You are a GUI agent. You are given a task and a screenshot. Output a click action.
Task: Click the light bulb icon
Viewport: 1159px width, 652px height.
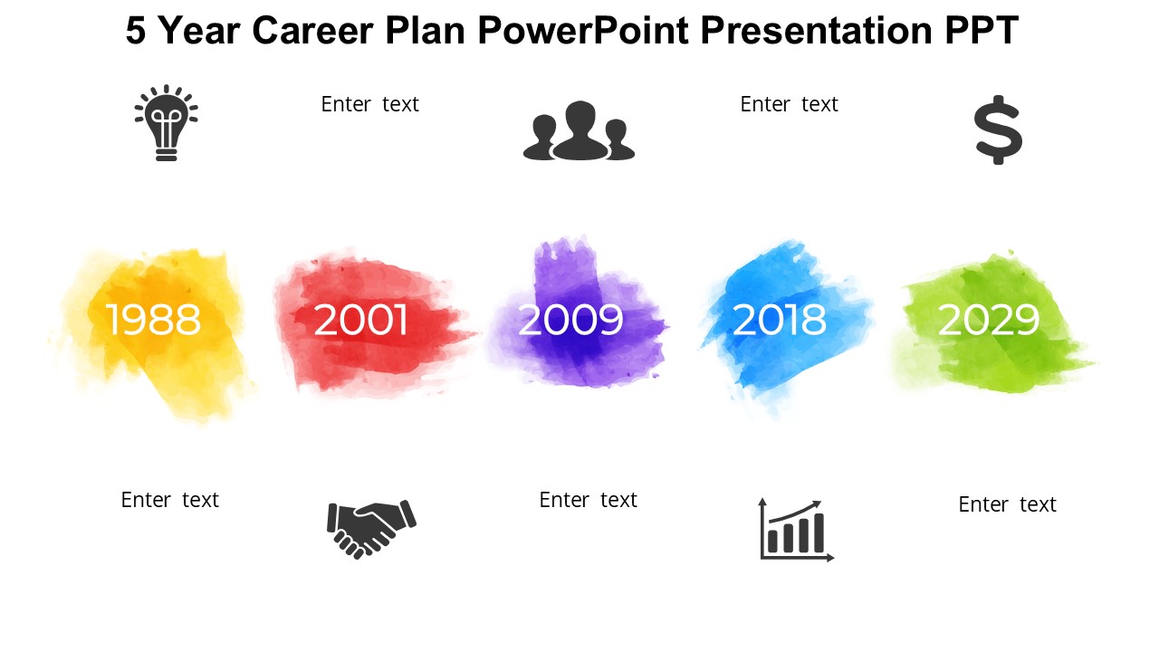click(166, 122)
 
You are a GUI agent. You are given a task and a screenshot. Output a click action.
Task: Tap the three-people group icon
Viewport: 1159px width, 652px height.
click(579, 130)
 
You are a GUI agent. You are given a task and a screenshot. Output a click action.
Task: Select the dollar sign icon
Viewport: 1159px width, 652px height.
click(998, 129)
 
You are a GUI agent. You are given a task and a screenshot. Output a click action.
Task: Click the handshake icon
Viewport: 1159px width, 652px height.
click(371, 529)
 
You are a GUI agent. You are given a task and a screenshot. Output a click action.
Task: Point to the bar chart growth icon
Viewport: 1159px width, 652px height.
click(796, 530)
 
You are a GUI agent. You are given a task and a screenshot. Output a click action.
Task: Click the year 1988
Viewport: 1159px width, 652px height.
click(153, 320)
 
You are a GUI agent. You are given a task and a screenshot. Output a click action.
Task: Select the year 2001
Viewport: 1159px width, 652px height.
click(360, 320)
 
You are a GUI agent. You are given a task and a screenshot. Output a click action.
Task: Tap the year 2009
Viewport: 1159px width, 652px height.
click(570, 320)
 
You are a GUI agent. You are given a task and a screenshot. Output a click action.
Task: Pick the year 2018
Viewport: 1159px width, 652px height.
click(780, 320)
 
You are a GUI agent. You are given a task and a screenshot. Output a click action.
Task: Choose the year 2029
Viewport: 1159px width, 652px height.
click(988, 320)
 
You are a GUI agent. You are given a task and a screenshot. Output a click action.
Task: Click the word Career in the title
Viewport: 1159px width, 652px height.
click(312, 31)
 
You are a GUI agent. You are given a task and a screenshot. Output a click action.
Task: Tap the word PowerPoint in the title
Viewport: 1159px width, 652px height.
click(583, 31)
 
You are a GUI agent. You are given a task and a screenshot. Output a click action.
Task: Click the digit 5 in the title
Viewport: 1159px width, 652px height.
click(136, 31)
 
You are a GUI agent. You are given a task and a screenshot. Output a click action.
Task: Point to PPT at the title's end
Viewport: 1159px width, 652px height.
click(982, 31)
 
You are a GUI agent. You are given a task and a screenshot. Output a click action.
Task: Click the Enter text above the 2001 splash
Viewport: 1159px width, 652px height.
click(370, 104)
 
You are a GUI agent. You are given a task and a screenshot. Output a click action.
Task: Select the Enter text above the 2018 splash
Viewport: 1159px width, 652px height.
click(789, 104)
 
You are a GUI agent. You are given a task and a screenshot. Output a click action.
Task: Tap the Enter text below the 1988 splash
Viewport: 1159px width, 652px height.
click(169, 500)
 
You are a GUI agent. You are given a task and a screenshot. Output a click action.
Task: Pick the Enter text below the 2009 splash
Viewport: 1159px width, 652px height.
click(589, 500)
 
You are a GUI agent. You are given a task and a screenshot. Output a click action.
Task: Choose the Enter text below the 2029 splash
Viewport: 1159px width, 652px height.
click(1008, 504)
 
